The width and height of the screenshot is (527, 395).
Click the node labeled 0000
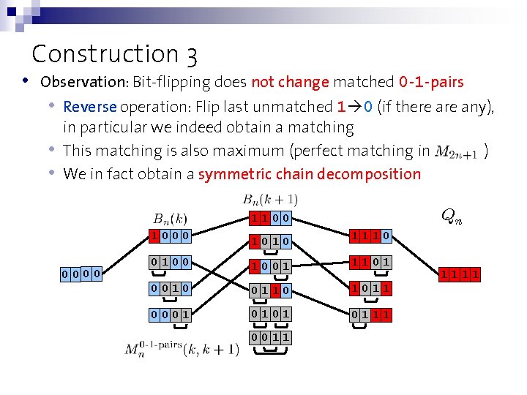click(81, 274)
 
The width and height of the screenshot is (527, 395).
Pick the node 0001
click(170, 315)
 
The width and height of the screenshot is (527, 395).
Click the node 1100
click(269, 218)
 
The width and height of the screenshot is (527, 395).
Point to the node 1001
click(269, 265)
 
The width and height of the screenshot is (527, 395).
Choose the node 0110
click(269, 290)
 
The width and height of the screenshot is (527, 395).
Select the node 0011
click(269, 337)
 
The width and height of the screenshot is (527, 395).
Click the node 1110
click(369, 236)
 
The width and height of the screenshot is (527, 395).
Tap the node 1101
click(369, 262)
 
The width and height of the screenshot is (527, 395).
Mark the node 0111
click(369, 315)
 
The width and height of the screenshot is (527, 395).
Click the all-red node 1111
click(459, 274)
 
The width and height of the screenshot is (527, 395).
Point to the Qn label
click(451, 215)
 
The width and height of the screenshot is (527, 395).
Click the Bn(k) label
click(170, 218)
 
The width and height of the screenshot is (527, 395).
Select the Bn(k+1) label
click(269, 199)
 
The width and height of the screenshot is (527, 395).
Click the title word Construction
click(105, 54)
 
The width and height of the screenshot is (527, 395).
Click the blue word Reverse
click(90, 107)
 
